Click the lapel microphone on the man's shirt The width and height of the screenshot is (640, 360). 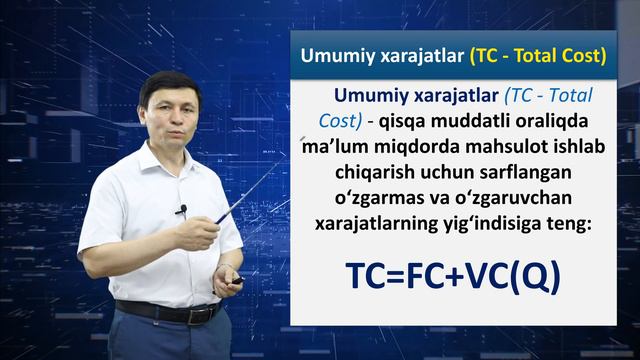[182, 211]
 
